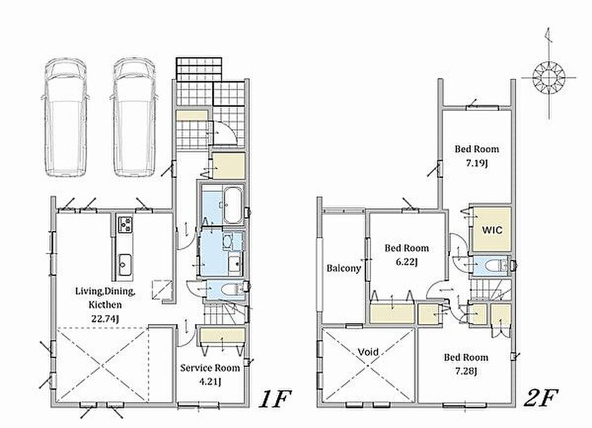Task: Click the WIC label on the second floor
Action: [x=492, y=230]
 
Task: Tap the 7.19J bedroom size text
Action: [x=477, y=164]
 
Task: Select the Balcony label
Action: [x=344, y=269]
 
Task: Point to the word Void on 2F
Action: [x=368, y=353]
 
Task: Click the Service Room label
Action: [x=210, y=368]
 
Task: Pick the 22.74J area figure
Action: [x=105, y=319]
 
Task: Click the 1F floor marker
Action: [x=275, y=399]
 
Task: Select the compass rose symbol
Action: [x=549, y=78]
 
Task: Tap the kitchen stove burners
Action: [x=124, y=224]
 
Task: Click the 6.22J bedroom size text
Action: [x=407, y=262]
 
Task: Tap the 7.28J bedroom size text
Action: [x=465, y=371]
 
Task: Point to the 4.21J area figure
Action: [x=209, y=381]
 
